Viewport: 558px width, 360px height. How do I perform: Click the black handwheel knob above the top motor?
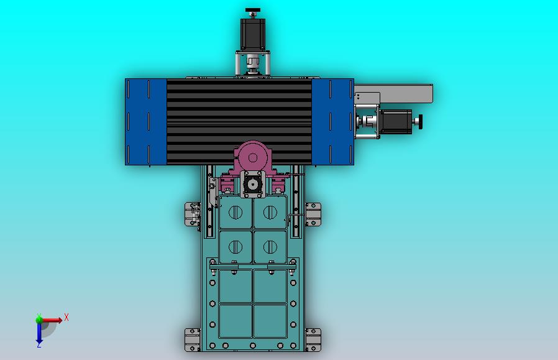click(252, 11)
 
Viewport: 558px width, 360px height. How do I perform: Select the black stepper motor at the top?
click(253, 35)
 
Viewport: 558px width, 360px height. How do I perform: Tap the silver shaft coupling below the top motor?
click(252, 64)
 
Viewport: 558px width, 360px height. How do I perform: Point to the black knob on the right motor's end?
click(421, 121)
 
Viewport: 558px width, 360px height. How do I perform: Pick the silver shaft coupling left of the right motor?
click(367, 121)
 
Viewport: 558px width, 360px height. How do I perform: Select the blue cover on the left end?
click(146, 122)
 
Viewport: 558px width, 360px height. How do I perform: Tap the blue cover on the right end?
click(332, 122)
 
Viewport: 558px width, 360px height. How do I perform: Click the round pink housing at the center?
click(252, 155)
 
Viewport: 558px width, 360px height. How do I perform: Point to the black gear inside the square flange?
click(252, 185)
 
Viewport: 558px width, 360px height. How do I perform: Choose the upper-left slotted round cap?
click(236, 213)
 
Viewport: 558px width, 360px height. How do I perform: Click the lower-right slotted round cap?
click(270, 247)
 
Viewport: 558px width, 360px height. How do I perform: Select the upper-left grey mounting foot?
click(192, 214)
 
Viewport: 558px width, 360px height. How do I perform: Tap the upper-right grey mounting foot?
click(313, 214)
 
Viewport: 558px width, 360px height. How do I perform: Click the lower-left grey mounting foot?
click(192, 339)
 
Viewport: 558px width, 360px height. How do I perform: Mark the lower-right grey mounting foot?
click(313, 339)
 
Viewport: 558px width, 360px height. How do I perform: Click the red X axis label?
click(66, 318)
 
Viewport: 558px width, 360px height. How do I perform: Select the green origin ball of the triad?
click(40, 320)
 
